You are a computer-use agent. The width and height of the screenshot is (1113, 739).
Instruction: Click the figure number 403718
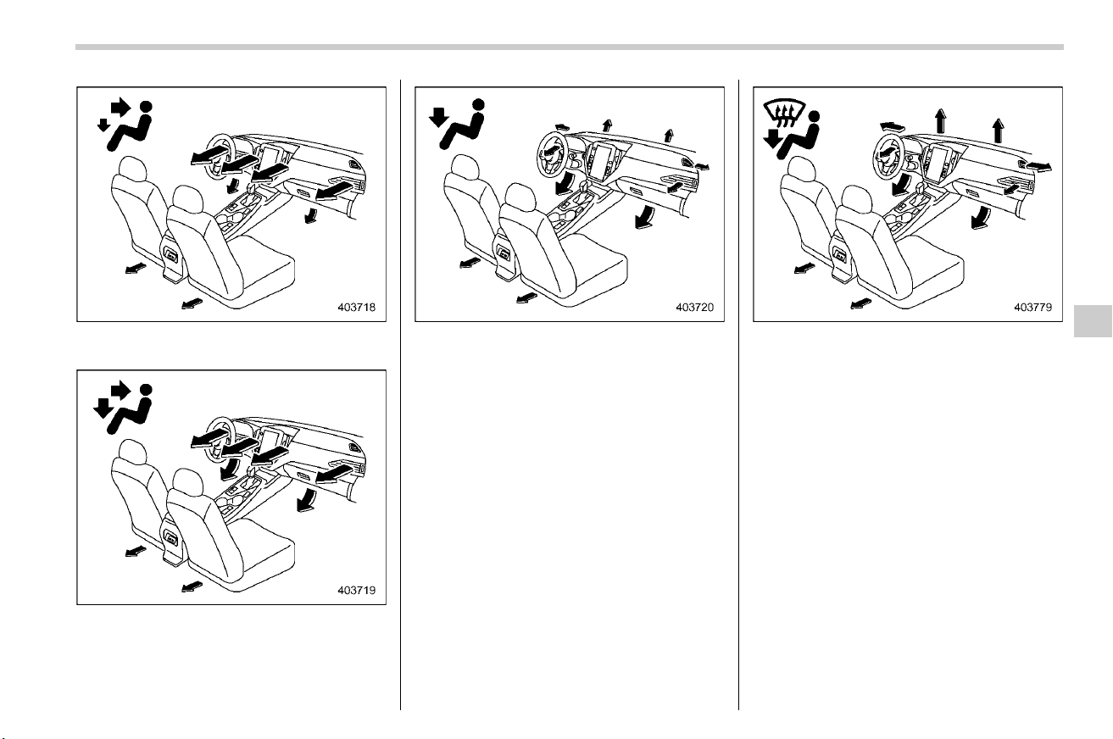(356, 308)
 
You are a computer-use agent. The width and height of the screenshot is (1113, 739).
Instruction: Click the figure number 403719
(356, 591)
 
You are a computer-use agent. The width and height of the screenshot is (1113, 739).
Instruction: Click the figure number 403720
(694, 308)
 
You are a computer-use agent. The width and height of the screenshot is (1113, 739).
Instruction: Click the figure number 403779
(1033, 308)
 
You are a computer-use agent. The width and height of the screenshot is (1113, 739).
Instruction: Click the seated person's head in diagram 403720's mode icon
(478, 103)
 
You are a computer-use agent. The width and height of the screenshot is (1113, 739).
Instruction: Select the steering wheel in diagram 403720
(553, 155)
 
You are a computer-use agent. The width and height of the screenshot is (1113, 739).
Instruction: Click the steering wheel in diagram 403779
(889, 155)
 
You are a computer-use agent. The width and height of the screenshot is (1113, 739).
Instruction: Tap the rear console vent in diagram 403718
(171, 255)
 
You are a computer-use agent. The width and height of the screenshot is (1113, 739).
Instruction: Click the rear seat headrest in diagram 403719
(133, 452)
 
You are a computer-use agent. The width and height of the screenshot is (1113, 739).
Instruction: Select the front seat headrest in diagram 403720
(520, 197)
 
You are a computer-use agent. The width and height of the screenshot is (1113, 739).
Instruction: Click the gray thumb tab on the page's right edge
(1093, 321)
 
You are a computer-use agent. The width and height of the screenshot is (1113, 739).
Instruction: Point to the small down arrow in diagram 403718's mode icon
(103, 125)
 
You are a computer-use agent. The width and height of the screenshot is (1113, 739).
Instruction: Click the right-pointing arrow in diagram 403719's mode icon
(120, 390)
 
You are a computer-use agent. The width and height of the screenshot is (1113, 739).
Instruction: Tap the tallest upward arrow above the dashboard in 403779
(940, 120)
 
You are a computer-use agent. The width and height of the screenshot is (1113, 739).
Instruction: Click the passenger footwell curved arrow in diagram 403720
(645, 218)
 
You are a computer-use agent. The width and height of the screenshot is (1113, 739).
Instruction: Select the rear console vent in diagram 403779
(840, 255)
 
